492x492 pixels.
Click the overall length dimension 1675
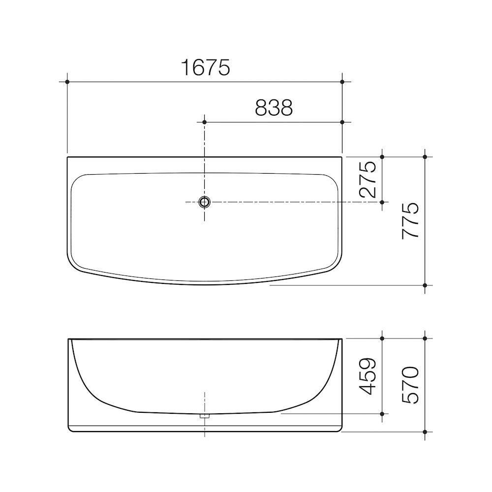[205, 67]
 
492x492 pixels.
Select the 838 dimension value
[274, 108]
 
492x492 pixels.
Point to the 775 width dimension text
[410, 220]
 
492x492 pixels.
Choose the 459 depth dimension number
[368, 376]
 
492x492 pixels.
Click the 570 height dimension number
[410, 385]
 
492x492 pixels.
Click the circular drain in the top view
[205, 202]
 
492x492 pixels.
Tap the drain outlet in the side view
[205, 416]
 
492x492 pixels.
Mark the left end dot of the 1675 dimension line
[67, 81]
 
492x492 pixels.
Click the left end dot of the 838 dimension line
[205, 122]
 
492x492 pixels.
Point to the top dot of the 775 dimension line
[425, 157]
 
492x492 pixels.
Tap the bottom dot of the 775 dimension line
[425, 285]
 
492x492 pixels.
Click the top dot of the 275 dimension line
[382, 157]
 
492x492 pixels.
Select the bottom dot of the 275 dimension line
[382, 202]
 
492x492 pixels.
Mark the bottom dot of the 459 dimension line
[382, 414]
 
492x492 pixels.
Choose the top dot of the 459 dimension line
[382, 338]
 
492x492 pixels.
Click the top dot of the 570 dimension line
[425, 338]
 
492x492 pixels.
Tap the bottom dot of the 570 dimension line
[425, 432]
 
